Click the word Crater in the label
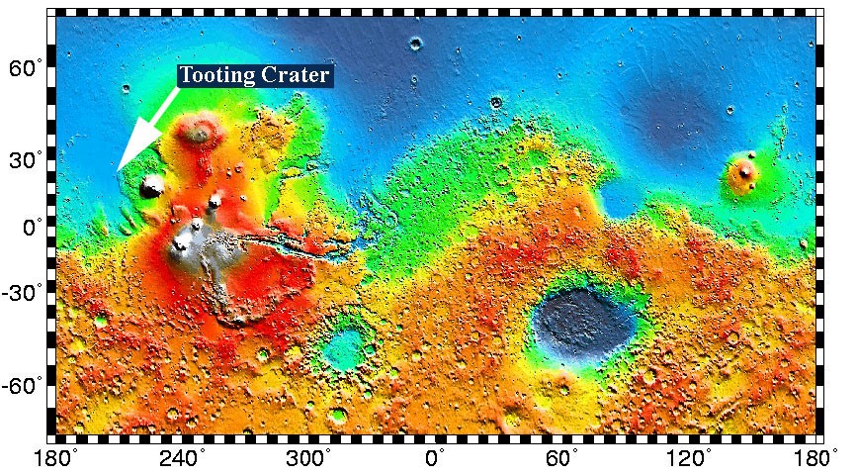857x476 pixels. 297,75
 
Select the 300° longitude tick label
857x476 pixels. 309,458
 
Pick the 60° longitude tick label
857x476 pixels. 562,458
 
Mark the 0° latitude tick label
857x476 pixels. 33,227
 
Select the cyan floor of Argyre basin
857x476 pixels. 345,347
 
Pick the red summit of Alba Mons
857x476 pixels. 203,129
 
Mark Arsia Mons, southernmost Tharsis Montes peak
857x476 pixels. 181,244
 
